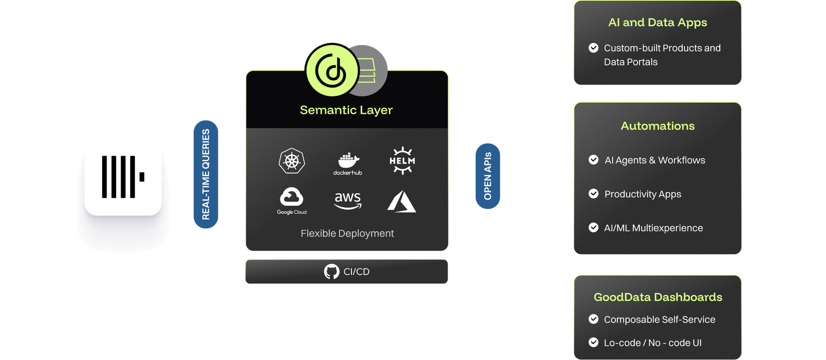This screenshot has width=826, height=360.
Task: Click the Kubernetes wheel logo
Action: click(292, 161)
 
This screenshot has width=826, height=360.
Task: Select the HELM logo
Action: click(402, 161)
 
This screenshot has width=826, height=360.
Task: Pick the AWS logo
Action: click(348, 200)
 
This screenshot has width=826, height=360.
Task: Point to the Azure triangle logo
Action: click(401, 201)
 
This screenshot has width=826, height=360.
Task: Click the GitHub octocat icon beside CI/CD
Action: click(332, 272)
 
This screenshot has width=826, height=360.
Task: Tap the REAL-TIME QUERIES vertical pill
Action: click(206, 174)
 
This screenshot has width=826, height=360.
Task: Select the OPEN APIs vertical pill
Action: click(488, 176)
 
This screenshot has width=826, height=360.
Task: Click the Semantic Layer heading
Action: click(346, 110)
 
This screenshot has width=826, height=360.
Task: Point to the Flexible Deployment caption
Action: click(347, 234)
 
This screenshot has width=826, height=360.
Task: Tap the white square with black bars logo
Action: click(123, 177)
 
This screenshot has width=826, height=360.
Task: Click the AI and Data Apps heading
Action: click(657, 23)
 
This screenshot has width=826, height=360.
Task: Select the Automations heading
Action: click(657, 126)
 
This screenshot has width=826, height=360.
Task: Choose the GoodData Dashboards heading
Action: click(657, 297)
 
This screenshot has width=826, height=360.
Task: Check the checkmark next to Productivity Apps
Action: click(593, 194)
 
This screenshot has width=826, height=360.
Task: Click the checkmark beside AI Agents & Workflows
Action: click(593, 160)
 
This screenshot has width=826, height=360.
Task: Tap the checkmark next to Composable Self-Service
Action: click(593, 319)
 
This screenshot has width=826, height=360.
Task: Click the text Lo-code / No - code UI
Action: click(653, 343)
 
